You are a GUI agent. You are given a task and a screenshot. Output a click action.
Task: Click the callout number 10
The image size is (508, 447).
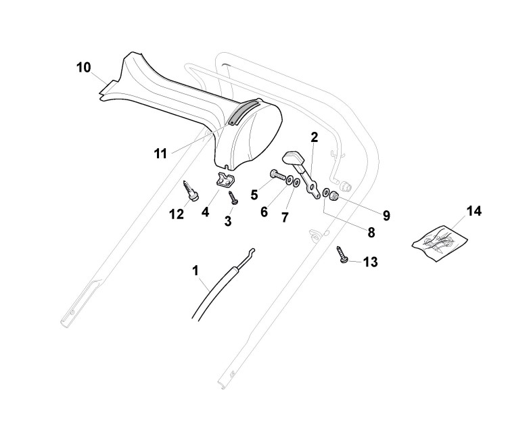tap(83, 68)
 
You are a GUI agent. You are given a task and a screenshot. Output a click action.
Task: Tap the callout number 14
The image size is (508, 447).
tap(474, 212)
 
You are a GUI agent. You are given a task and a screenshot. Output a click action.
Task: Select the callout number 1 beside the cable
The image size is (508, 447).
tap(195, 272)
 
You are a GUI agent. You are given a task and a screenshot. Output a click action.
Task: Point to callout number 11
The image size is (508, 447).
tap(160, 154)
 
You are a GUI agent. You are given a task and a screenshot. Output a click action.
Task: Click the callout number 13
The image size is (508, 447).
tap(370, 261)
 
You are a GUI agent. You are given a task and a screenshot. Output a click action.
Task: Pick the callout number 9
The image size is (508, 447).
tap(386, 216)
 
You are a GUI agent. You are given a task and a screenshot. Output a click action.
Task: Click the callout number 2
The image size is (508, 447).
tap(314, 137)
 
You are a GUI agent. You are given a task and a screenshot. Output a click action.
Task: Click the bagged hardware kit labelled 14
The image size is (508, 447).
tap(439, 241)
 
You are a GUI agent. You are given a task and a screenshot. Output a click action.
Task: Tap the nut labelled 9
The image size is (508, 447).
tap(334, 196)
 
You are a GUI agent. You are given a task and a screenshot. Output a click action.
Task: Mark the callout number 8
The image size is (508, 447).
tap(371, 232)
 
